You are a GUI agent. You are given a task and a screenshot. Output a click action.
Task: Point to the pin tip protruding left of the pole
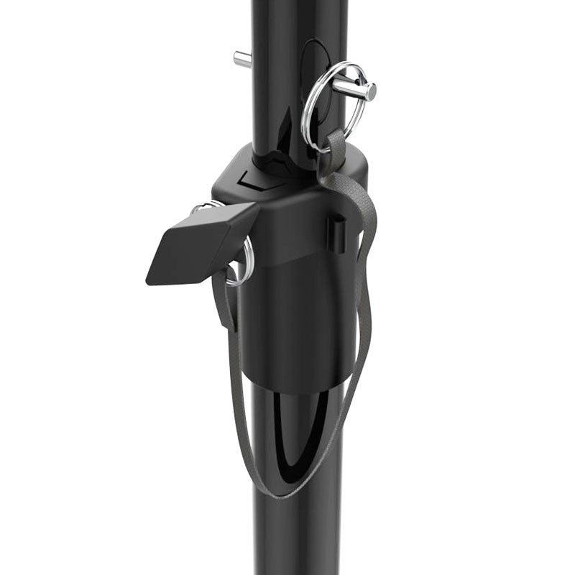(241, 59)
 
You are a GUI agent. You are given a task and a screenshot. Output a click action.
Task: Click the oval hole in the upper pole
(314, 72)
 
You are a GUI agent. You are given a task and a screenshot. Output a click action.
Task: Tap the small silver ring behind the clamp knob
(246, 259)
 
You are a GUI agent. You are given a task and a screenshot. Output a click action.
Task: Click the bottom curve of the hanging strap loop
(280, 494)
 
